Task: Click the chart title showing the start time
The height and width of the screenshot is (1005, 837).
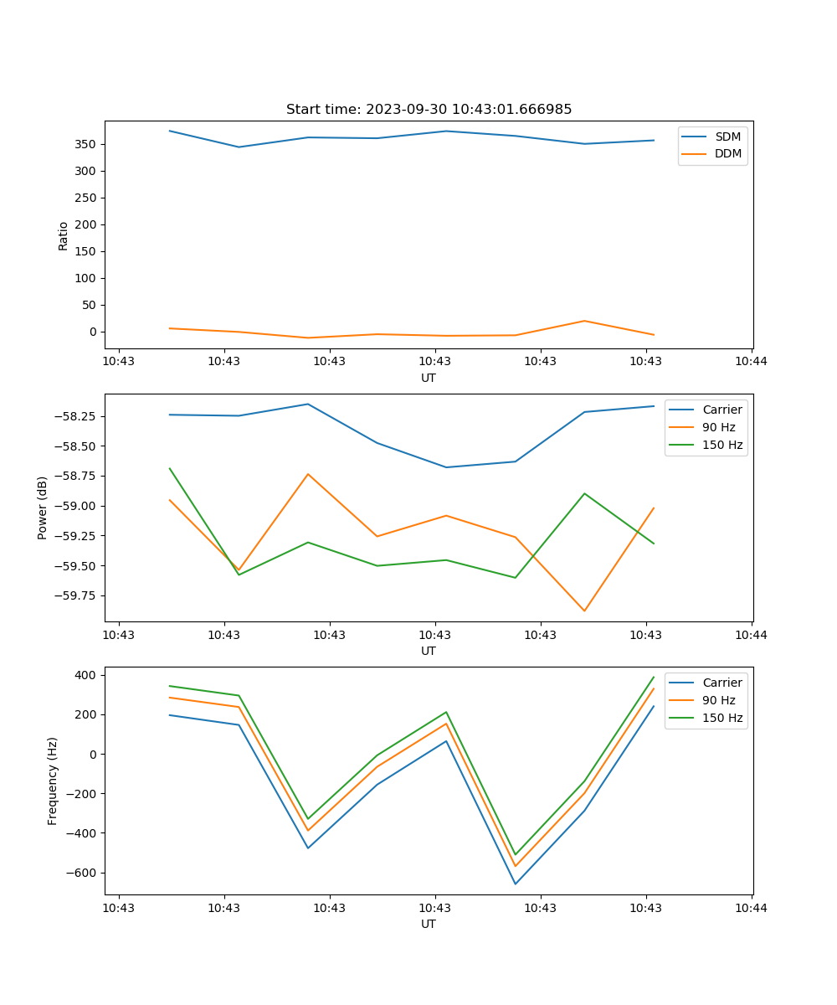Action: point(429,110)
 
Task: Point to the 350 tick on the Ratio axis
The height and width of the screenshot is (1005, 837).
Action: point(86,144)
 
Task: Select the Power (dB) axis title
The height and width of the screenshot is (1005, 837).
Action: point(43,508)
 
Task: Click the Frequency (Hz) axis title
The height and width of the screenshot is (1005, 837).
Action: point(53,781)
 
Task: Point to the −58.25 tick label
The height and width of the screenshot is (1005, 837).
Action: point(74,416)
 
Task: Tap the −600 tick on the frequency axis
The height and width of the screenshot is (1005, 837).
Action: point(80,873)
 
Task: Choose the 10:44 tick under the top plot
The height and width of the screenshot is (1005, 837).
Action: point(751,362)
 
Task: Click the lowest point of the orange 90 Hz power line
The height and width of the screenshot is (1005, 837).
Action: point(584,611)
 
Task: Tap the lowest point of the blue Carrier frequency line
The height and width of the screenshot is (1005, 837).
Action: point(516,884)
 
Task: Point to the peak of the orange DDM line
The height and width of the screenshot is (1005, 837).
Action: point(584,321)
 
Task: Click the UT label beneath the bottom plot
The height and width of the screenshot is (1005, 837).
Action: point(429,924)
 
